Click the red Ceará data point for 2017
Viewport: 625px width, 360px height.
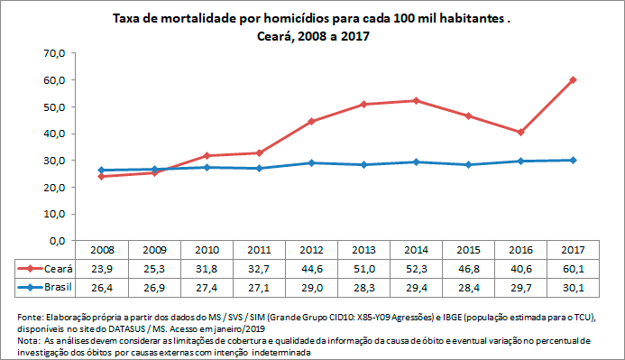coord(573,79)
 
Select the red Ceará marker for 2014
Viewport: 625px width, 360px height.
coord(415,100)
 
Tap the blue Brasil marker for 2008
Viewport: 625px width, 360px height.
coord(100,171)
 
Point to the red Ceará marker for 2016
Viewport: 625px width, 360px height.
coord(520,132)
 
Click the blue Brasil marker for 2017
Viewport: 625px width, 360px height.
coord(573,161)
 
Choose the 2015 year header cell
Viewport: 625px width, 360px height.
coord(467,250)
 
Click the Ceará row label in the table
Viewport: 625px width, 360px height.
coord(55,268)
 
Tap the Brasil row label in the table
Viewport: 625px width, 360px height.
coord(55,286)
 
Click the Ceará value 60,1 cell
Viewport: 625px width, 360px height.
coord(573,268)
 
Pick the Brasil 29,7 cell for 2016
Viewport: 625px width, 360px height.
coord(520,286)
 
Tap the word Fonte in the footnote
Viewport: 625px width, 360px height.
coord(31,318)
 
